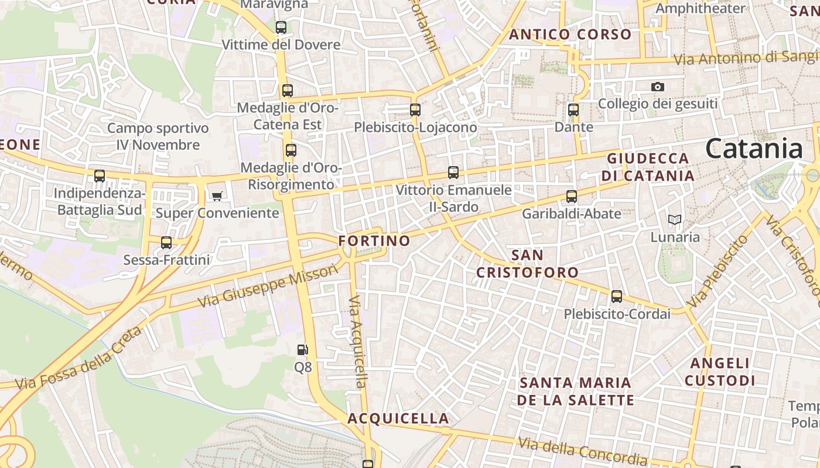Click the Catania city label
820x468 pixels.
tap(754, 149)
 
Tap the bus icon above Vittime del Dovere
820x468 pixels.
tap(281, 27)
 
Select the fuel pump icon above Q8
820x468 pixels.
tap(302, 350)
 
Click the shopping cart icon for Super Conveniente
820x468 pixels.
tap(217, 196)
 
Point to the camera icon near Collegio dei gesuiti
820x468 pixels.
tap(658, 87)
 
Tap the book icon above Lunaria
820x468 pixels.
tap(675, 220)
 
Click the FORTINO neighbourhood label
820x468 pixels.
tap(374, 240)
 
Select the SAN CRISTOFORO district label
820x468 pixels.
tap(527, 264)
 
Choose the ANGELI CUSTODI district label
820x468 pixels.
tap(720, 372)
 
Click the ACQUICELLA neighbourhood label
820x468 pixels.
tap(398, 418)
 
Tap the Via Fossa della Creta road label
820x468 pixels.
tap(78, 360)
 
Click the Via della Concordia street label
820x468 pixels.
tap(582, 452)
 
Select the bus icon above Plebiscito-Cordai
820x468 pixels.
tap(617, 297)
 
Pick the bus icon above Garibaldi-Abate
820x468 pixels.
tap(572, 197)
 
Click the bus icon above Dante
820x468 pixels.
tap(573, 109)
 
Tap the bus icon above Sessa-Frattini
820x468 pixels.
tap(166, 242)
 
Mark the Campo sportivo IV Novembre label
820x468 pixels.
tap(158, 136)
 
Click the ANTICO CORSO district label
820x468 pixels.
tap(570, 35)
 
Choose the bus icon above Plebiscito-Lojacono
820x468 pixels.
tap(415, 109)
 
